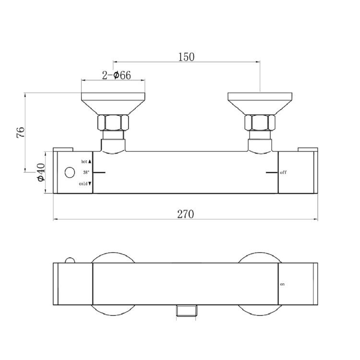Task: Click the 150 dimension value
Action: (186, 57)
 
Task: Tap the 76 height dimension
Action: (20, 132)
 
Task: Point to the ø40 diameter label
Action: (41, 172)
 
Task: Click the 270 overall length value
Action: (185, 215)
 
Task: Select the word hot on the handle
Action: (84, 162)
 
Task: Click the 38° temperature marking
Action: (85, 172)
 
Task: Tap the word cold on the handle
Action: (84, 184)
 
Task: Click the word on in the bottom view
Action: (282, 284)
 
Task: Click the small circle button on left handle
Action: (69, 172)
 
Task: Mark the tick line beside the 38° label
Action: (99, 172)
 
